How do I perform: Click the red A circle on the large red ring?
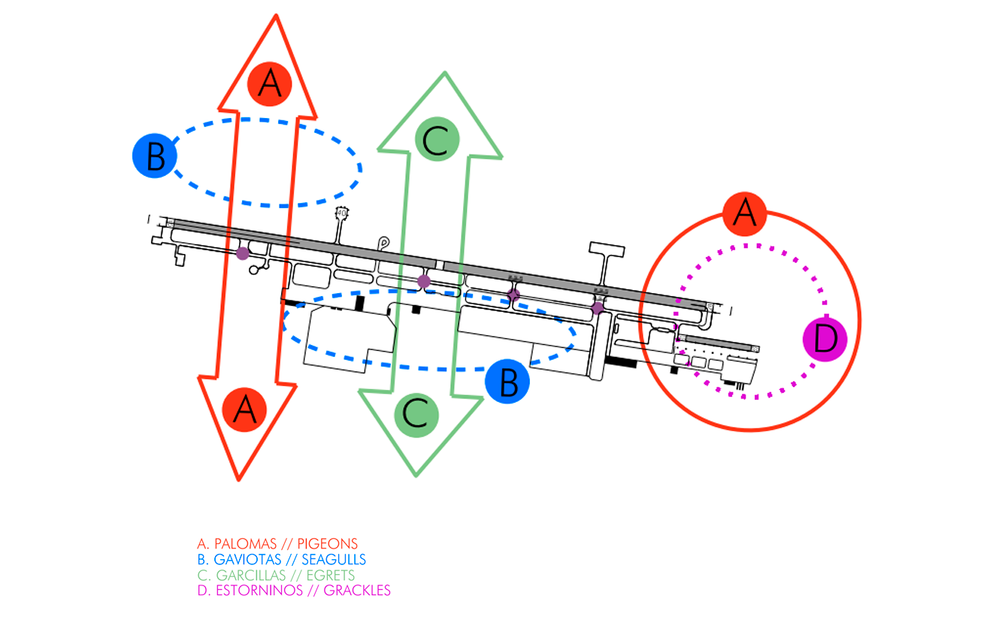(x=744, y=213)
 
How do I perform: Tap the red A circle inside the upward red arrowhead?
(x=270, y=83)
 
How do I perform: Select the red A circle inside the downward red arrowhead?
(x=245, y=410)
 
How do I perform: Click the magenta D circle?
(x=825, y=339)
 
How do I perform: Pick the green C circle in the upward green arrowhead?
(x=437, y=139)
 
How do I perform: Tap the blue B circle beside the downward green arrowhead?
(x=507, y=382)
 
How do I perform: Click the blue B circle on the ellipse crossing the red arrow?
(x=155, y=156)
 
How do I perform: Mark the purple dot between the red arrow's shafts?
(x=243, y=253)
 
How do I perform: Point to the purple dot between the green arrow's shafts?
(x=424, y=281)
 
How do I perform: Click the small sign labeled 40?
(x=342, y=213)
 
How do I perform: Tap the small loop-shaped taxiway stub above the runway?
(x=384, y=243)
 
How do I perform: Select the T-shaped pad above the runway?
(x=607, y=252)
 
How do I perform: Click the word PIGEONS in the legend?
(x=328, y=543)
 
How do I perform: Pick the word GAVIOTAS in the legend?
(x=242, y=559)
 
